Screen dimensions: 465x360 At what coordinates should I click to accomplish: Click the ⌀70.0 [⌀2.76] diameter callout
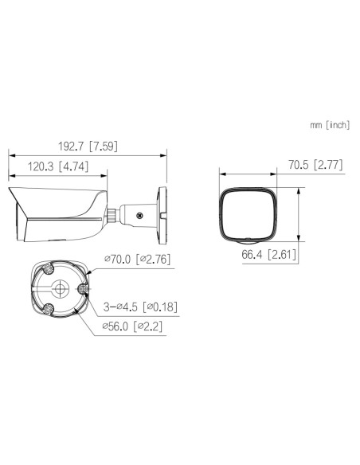point(137,259)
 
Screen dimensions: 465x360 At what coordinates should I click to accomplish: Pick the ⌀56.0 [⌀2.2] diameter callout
point(132,326)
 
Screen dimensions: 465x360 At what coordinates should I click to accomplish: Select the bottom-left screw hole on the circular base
point(48,308)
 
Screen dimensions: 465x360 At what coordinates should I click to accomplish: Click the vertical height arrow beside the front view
point(299,213)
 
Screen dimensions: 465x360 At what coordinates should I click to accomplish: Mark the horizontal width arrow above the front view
point(248,173)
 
